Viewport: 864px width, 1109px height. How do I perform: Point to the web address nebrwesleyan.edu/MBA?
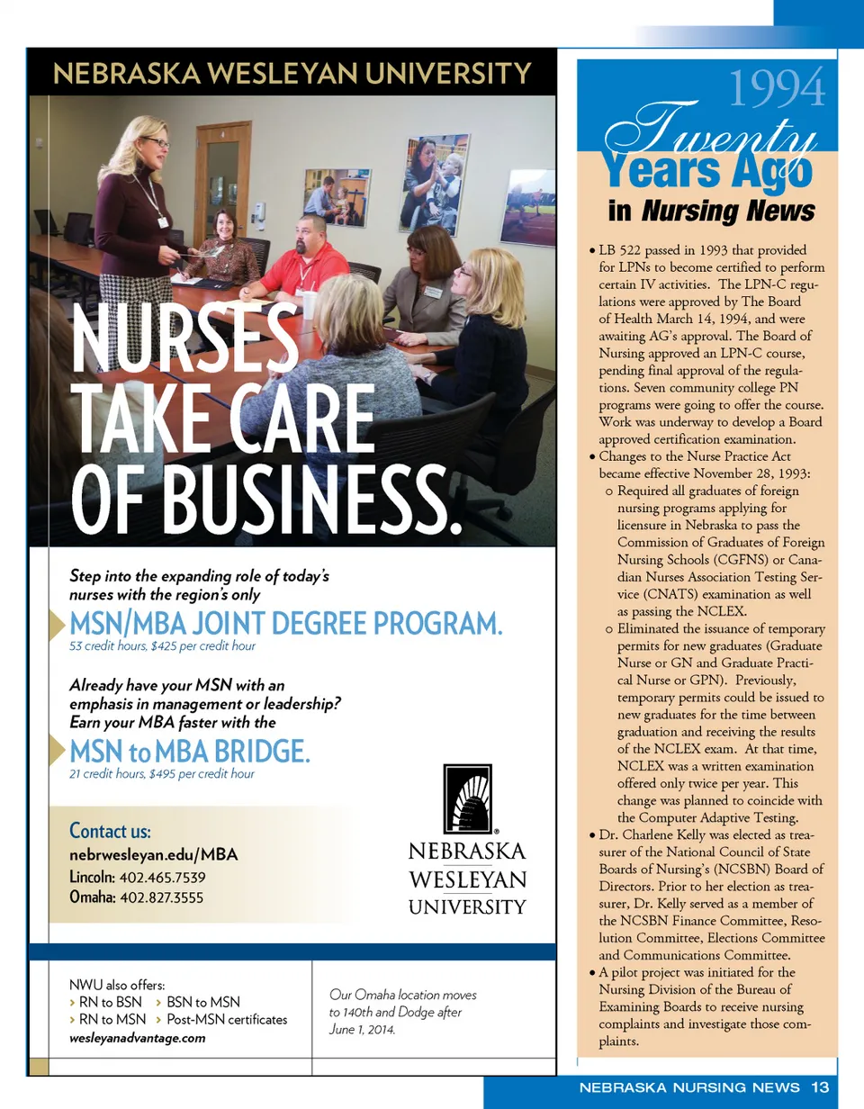[154, 855]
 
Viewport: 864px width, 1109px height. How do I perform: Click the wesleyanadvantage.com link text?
[137, 1037]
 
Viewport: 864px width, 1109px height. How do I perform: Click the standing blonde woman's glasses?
[155, 142]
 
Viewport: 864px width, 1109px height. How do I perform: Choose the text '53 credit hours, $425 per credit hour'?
[162, 646]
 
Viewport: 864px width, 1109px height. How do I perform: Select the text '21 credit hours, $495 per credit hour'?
[162, 773]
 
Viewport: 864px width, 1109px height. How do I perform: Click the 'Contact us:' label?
[110, 830]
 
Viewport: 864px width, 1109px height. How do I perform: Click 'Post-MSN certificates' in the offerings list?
[227, 1019]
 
